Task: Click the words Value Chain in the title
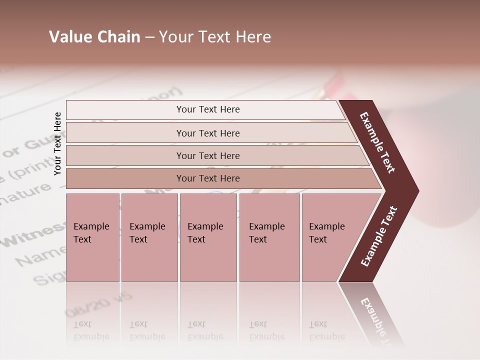(x=94, y=37)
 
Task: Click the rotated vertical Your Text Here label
(x=57, y=143)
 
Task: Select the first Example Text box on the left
(x=92, y=237)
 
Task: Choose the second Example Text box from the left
(x=149, y=237)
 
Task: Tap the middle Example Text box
(x=207, y=237)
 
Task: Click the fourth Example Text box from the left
(x=269, y=237)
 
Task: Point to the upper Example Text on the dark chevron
(x=377, y=142)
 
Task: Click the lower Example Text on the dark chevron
(x=379, y=236)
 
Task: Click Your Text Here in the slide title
(x=215, y=37)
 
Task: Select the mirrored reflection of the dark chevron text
(x=375, y=320)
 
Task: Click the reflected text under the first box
(x=91, y=330)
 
